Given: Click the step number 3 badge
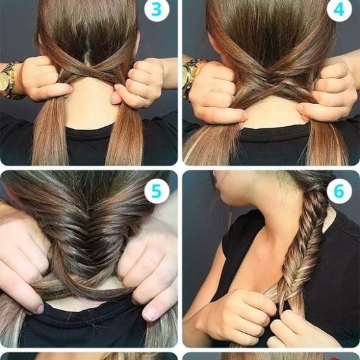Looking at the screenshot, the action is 157,9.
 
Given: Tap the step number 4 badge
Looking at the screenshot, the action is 339,9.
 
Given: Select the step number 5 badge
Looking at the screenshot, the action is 157,191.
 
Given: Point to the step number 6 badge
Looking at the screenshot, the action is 339,191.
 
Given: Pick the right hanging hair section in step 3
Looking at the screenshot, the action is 125,135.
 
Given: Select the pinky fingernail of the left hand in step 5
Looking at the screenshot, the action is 40,309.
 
